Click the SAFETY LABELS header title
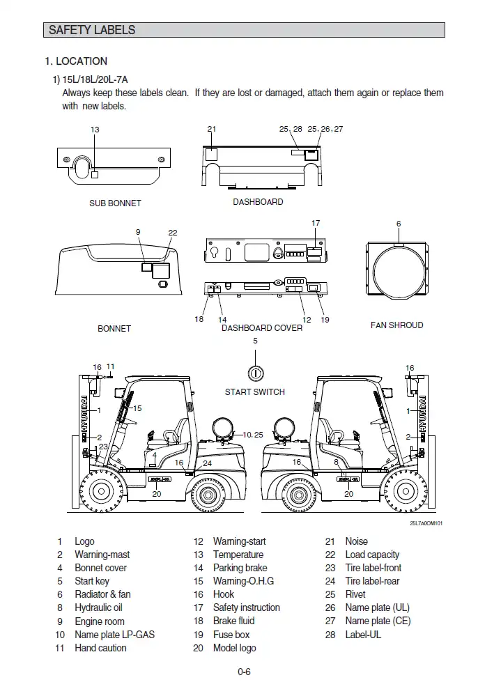tap(92, 30)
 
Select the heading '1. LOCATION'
tap(76, 61)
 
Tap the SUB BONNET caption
tap(115, 203)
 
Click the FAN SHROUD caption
tap(396, 325)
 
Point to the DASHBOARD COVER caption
tap(262, 327)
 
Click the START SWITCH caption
tap(254, 392)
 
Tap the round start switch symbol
tap(255, 373)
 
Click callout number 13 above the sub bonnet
tap(95, 130)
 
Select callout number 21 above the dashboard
tap(212, 130)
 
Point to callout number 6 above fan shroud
tap(399, 224)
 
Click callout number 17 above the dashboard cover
tap(316, 224)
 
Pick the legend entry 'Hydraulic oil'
tap(98, 607)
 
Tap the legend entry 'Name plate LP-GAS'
tap(115, 635)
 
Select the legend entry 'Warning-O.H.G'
tap(243, 581)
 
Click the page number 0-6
tap(244, 672)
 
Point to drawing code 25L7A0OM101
tap(426, 523)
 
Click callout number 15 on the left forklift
tap(137, 409)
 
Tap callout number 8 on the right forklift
tap(336, 462)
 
